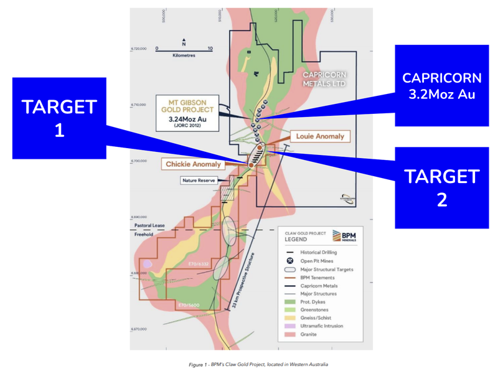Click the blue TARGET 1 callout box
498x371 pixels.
click(x=59, y=118)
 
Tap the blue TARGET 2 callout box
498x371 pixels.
click(x=441, y=187)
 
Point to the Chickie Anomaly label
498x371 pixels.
click(x=193, y=164)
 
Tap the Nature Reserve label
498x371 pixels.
click(x=198, y=181)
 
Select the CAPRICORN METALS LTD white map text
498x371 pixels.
click(x=324, y=78)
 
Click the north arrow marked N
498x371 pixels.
click(x=184, y=44)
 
